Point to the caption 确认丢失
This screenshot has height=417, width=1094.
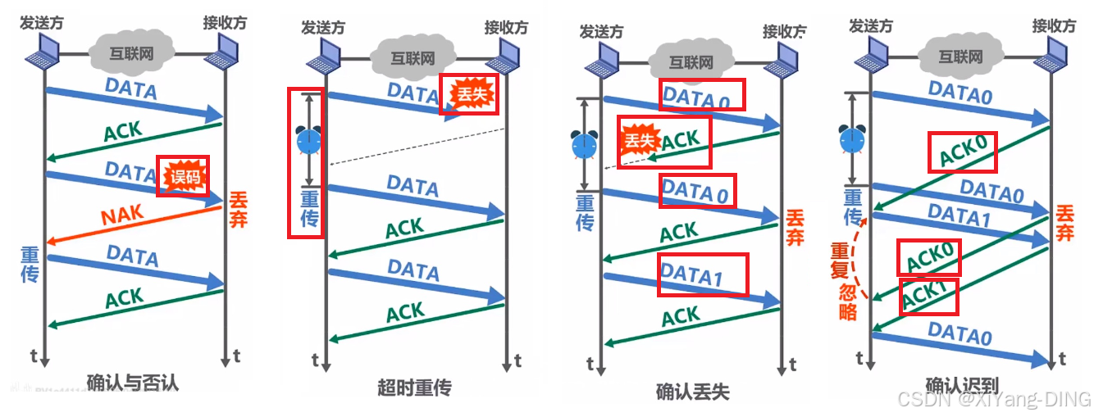pyautogui.click(x=693, y=391)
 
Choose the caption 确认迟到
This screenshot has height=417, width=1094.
pyautogui.click(x=962, y=384)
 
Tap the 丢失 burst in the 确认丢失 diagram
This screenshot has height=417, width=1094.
pyautogui.click(x=640, y=140)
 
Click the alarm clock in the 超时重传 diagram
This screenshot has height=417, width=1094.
pyautogui.click(x=309, y=141)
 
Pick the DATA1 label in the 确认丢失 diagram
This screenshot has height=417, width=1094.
pyautogui.click(x=692, y=276)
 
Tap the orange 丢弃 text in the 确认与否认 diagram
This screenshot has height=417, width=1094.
pyautogui.click(x=239, y=210)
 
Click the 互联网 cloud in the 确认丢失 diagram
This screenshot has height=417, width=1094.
pyautogui.click(x=691, y=62)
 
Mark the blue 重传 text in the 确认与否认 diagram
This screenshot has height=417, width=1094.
pyautogui.click(x=31, y=265)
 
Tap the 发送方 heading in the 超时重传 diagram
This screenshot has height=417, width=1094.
pyautogui.click(x=322, y=28)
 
